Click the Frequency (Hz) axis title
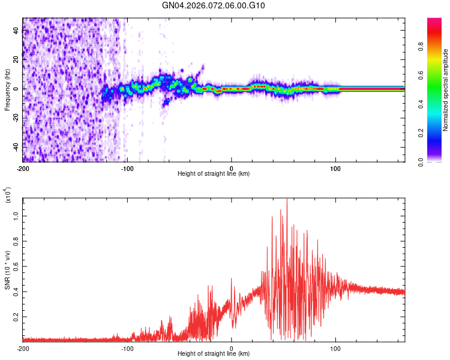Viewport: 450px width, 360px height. pyautogui.click(x=7, y=90)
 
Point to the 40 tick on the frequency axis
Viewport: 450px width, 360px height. pyautogui.click(x=16, y=31)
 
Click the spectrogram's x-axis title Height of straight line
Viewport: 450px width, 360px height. pyautogui.click(x=214, y=174)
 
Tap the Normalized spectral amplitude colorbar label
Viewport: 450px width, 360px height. pyautogui.click(x=446, y=90)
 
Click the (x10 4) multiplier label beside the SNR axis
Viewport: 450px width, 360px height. pyautogui.click(x=7, y=196)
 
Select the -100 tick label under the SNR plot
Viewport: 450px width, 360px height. pyautogui.click(x=127, y=348)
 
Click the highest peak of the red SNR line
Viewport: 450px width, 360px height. pyautogui.click(x=287, y=199)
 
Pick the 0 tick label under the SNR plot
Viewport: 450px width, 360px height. pyautogui.click(x=232, y=348)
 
